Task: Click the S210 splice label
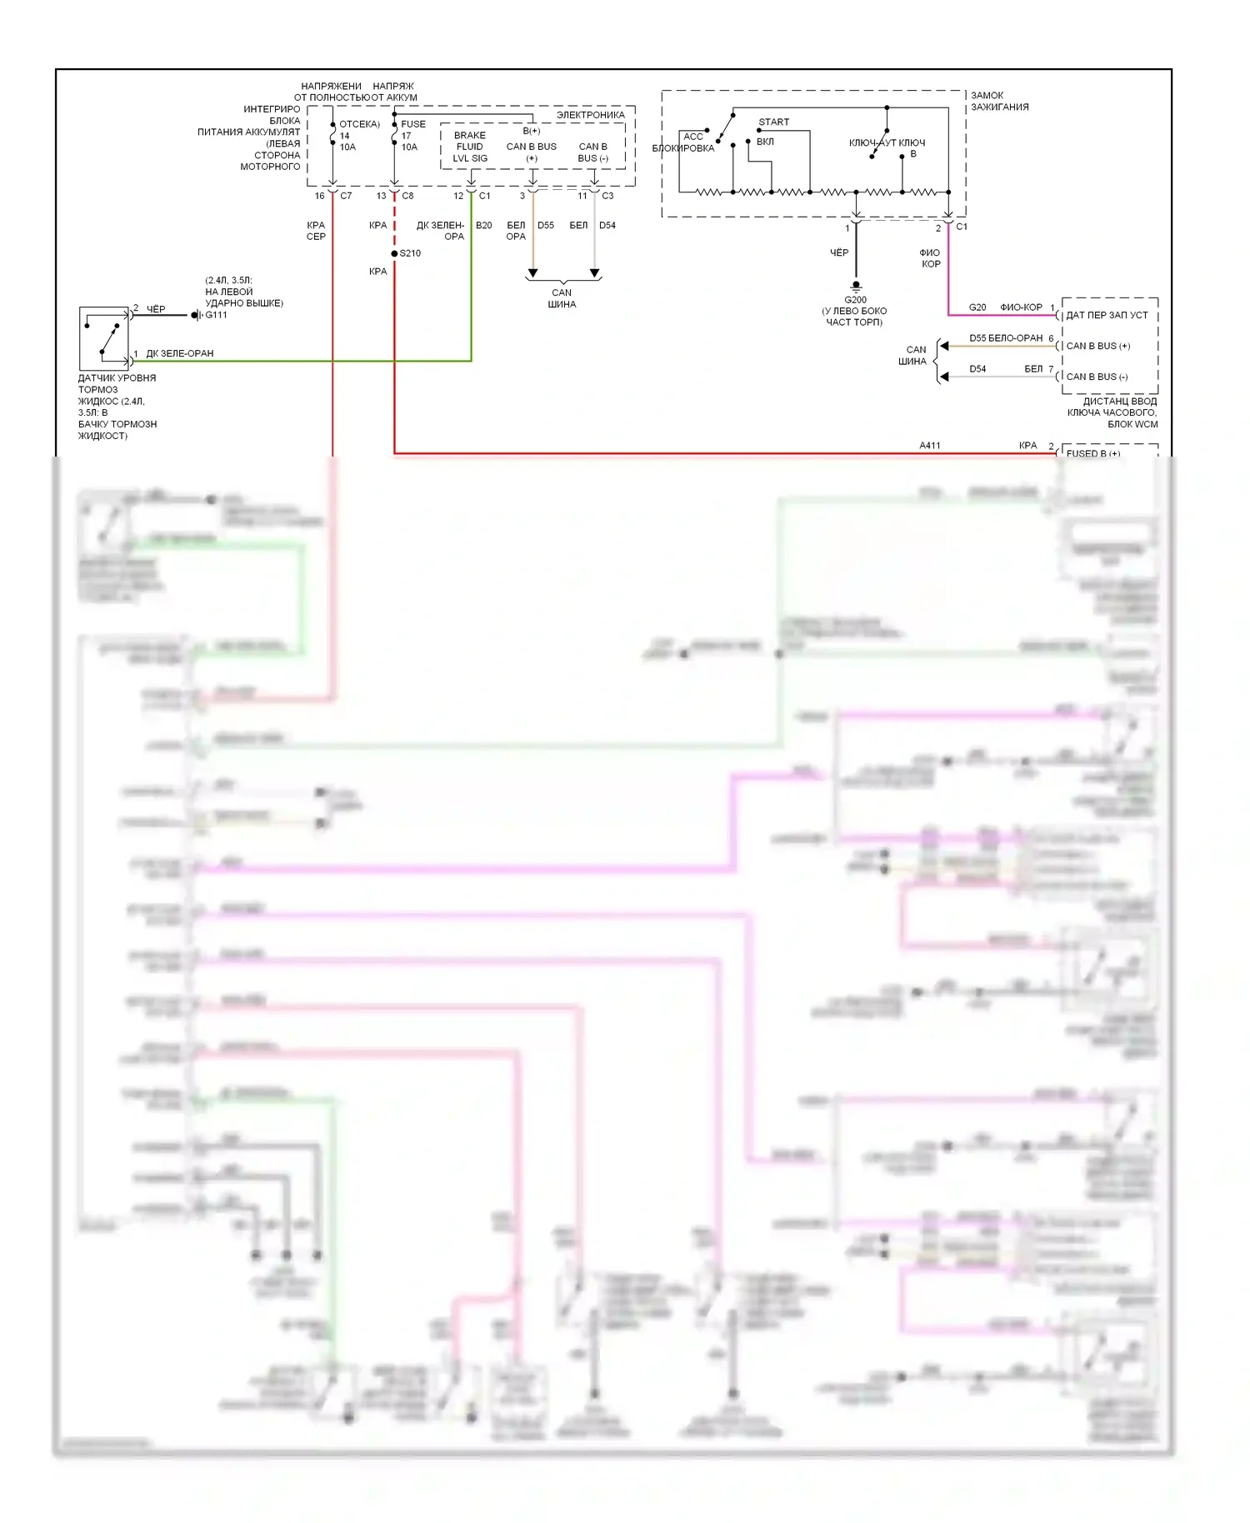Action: tap(411, 253)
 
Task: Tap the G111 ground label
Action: tap(217, 315)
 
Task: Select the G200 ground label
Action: tap(855, 300)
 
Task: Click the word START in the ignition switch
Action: tap(773, 122)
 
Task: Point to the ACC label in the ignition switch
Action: tap(693, 137)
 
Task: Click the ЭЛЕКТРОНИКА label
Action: tap(590, 115)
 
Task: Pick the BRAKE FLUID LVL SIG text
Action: tap(470, 147)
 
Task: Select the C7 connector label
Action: tap(346, 196)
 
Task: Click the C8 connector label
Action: tap(407, 196)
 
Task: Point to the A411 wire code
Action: tap(930, 446)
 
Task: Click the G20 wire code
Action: tap(977, 307)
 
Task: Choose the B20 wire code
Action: tap(483, 226)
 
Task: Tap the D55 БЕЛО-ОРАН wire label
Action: tap(1006, 338)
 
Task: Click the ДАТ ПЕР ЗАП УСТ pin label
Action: tap(1107, 315)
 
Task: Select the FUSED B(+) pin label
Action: tap(1093, 453)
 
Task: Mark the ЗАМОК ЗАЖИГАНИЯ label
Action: tap(999, 101)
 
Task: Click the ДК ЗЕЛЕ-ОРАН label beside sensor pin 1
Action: tap(180, 353)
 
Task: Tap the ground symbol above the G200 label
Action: tap(856, 286)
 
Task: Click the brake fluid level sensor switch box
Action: tap(104, 338)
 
